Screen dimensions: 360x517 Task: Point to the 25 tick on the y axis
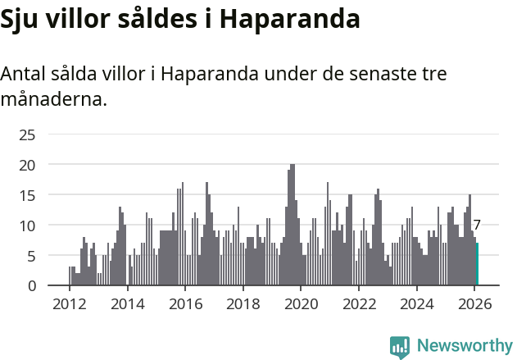pyautogui.click(x=27, y=134)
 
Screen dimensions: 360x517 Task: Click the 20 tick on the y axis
pyautogui.click(x=27, y=165)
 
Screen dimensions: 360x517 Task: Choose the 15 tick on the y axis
pyautogui.click(x=27, y=195)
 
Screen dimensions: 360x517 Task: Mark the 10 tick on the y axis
pyautogui.click(x=27, y=226)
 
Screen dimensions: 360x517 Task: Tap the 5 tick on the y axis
pyautogui.click(x=31, y=256)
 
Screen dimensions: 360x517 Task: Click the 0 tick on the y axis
pyautogui.click(x=31, y=285)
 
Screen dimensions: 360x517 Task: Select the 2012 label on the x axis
pyautogui.click(x=69, y=303)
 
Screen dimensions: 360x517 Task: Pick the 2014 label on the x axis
pyautogui.click(x=127, y=303)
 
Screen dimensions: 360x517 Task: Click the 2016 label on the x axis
pyautogui.click(x=185, y=303)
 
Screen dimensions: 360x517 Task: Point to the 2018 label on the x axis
pyautogui.click(x=243, y=303)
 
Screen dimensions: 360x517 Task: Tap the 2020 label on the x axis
pyautogui.click(x=301, y=303)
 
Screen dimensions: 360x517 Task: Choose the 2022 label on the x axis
pyautogui.click(x=359, y=303)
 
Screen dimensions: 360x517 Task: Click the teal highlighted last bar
pyautogui.click(x=477, y=264)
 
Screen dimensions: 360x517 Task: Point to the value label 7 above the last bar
pyautogui.click(x=477, y=225)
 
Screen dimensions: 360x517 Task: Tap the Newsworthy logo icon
pyautogui.click(x=400, y=347)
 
